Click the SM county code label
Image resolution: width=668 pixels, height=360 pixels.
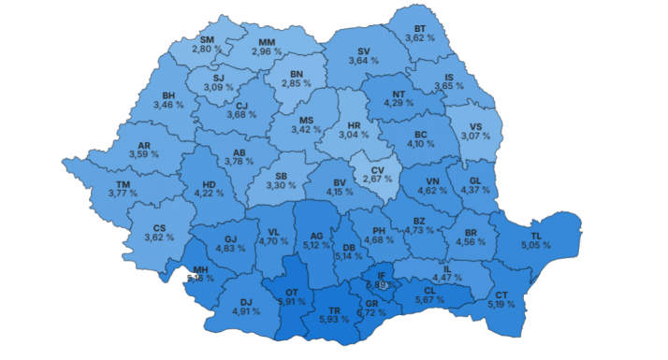point(207,39)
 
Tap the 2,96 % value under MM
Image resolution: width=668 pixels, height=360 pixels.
point(267,51)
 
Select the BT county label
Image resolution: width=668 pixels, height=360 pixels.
point(420,29)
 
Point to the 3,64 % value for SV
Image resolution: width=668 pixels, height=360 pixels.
point(363,61)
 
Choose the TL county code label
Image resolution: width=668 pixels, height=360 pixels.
point(536,236)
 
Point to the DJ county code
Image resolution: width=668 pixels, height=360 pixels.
point(246,301)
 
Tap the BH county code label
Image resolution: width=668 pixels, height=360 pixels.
point(169,95)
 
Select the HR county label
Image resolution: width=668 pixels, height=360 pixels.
point(354,125)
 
